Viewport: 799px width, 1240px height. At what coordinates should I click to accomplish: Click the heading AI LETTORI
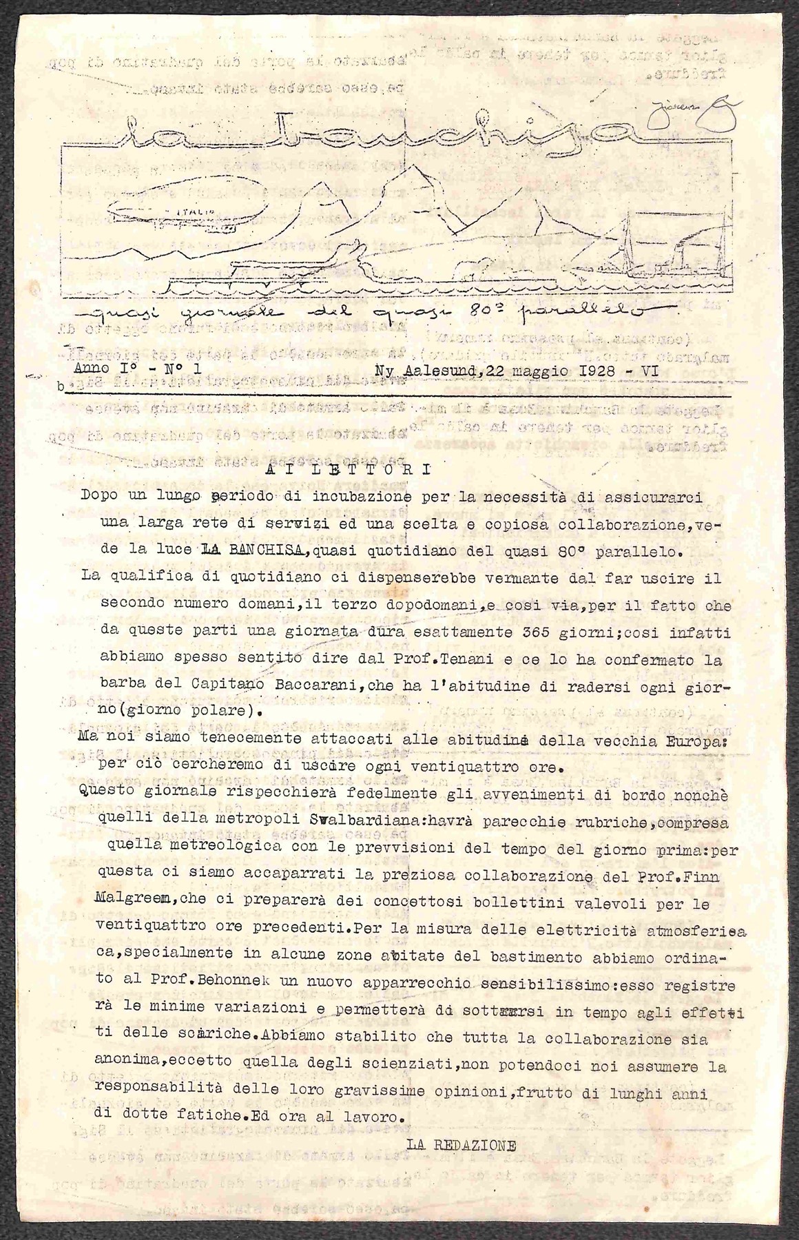(x=347, y=471)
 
